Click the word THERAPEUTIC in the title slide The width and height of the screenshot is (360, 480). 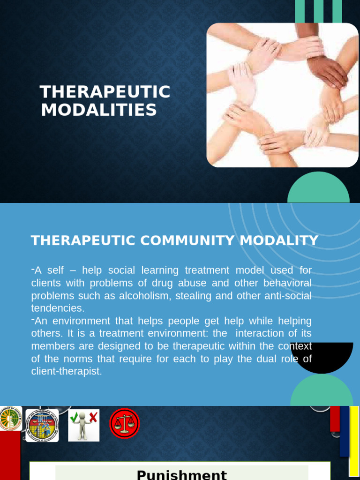click(105, 92)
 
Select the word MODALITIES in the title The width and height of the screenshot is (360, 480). click(98, 110)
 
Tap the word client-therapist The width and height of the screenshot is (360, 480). click(66, 372)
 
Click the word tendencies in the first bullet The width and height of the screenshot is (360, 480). click(57, 308)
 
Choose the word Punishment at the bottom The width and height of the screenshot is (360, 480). click(181, 474)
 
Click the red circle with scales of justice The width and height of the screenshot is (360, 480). click(124, 423)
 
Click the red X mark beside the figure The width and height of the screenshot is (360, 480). click(93, 417)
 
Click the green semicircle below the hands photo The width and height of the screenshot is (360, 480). click(318, 190)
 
